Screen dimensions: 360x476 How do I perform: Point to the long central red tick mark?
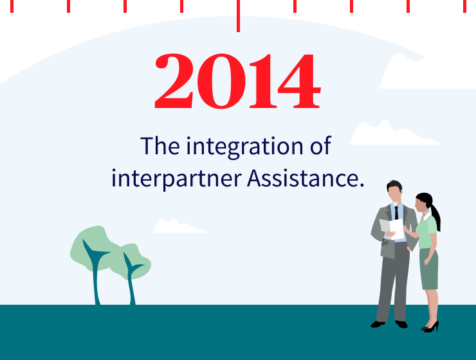tap(238, 15)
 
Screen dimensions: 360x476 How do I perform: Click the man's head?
tap(394, 190)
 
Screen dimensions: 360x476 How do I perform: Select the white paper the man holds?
tap(392, 228)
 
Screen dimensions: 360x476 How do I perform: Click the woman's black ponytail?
tap(435, 215)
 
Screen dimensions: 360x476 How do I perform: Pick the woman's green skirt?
tap(429, 269)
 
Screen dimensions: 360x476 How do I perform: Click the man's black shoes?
tap(389, 323)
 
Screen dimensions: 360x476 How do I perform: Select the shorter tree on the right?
tap(132, 267)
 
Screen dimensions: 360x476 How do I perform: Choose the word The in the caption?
tap(160, 147)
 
